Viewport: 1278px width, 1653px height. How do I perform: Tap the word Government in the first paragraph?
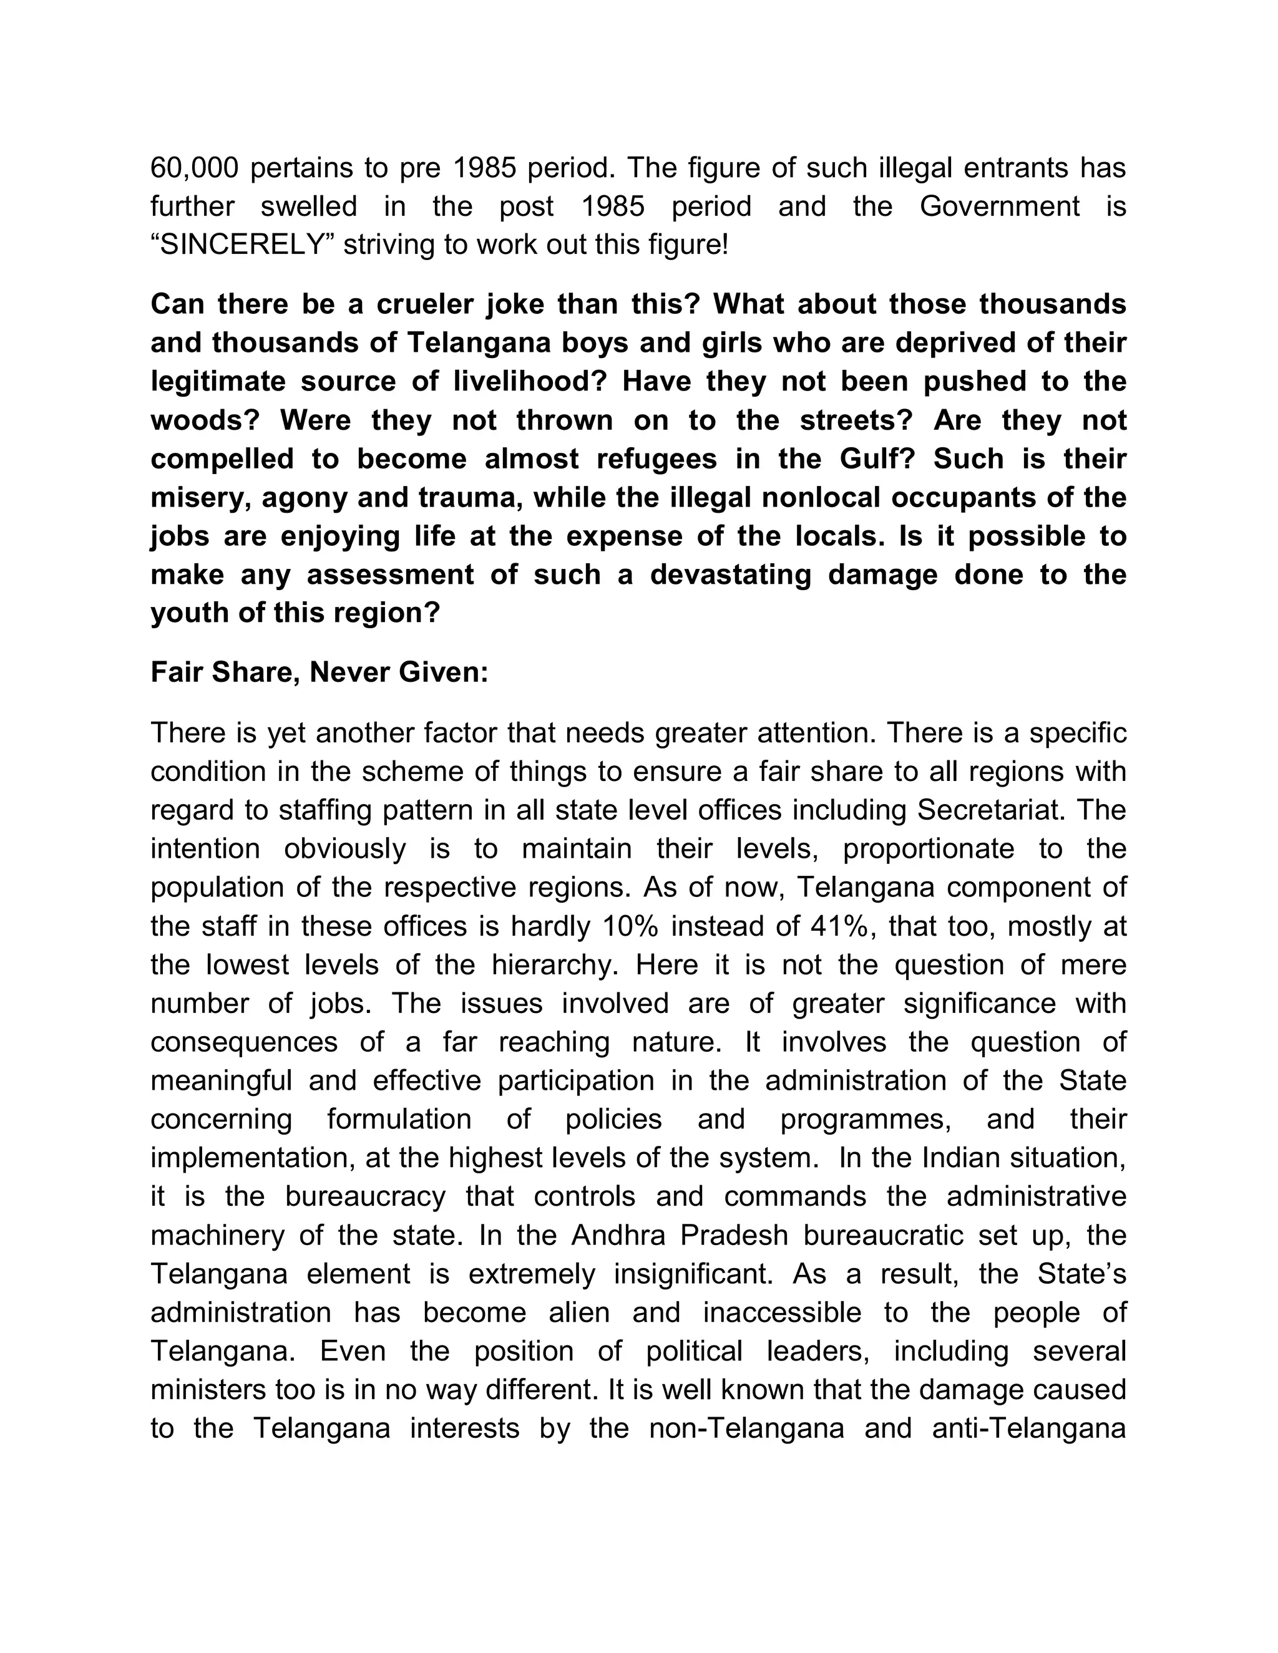point(1000,206)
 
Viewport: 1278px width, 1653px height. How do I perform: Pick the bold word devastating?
point(731,574)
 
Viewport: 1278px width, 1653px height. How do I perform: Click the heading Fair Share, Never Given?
point(319,672)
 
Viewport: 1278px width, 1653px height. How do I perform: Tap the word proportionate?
point(928,848)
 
